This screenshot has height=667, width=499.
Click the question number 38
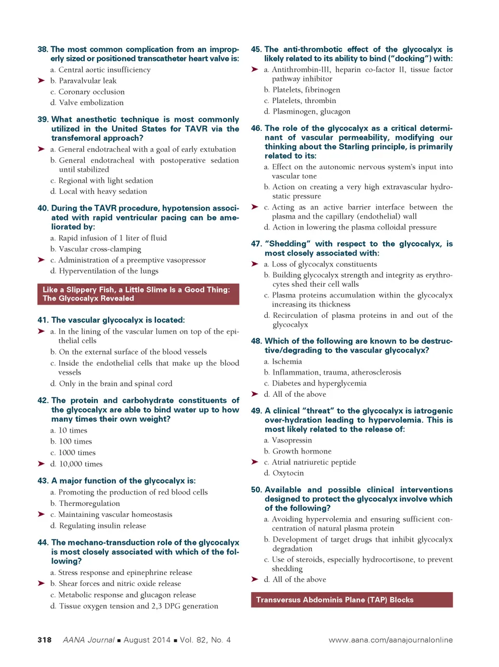coord(43,49)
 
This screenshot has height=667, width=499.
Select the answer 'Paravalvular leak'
coord(87,81)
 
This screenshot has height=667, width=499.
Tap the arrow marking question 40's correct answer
coord(41,260)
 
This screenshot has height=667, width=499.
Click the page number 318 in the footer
coord(45,640)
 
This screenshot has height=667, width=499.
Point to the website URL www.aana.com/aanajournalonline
coord(390,640)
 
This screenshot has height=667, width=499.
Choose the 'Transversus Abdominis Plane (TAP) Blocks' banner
coord(351,600)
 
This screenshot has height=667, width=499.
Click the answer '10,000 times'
coord(81,464)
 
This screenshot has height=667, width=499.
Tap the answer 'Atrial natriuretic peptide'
coord(314,462)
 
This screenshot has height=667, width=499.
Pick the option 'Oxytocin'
coord(288,473)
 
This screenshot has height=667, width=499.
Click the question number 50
coord(257,490)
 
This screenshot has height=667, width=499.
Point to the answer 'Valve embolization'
coord(91,103)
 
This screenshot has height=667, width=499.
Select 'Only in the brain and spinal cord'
coord(115,384)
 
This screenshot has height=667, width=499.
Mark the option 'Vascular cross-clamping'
coord(99,249)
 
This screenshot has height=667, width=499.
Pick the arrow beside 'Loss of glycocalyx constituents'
coord(255,264)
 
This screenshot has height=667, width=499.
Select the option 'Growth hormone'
coord(302,451)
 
